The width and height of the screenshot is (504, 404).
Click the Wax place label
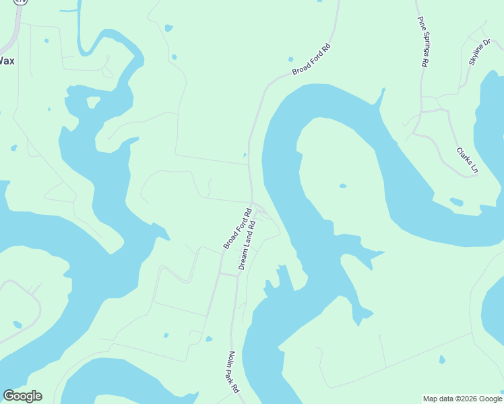click(x=7, y=61)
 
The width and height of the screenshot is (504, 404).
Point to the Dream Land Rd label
click(x=249, y=244)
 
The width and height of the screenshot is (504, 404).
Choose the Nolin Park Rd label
click(x=233, y=372)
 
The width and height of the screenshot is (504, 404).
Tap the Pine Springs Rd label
click(x=422, y=41)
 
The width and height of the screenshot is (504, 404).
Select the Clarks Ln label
click(x=466, y=160)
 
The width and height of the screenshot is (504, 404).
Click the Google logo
click(x=22, y=396)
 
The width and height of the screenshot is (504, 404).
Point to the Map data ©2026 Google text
click(x=463, y=399)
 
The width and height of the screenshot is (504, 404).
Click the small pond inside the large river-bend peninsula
click(x=343, y=186)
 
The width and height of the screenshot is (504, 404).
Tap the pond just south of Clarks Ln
click(x=456, y=201)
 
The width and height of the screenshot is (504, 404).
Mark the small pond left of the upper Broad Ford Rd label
click(x=290, y=59)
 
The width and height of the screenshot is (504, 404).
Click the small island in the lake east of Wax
click(x=94, y=102)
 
